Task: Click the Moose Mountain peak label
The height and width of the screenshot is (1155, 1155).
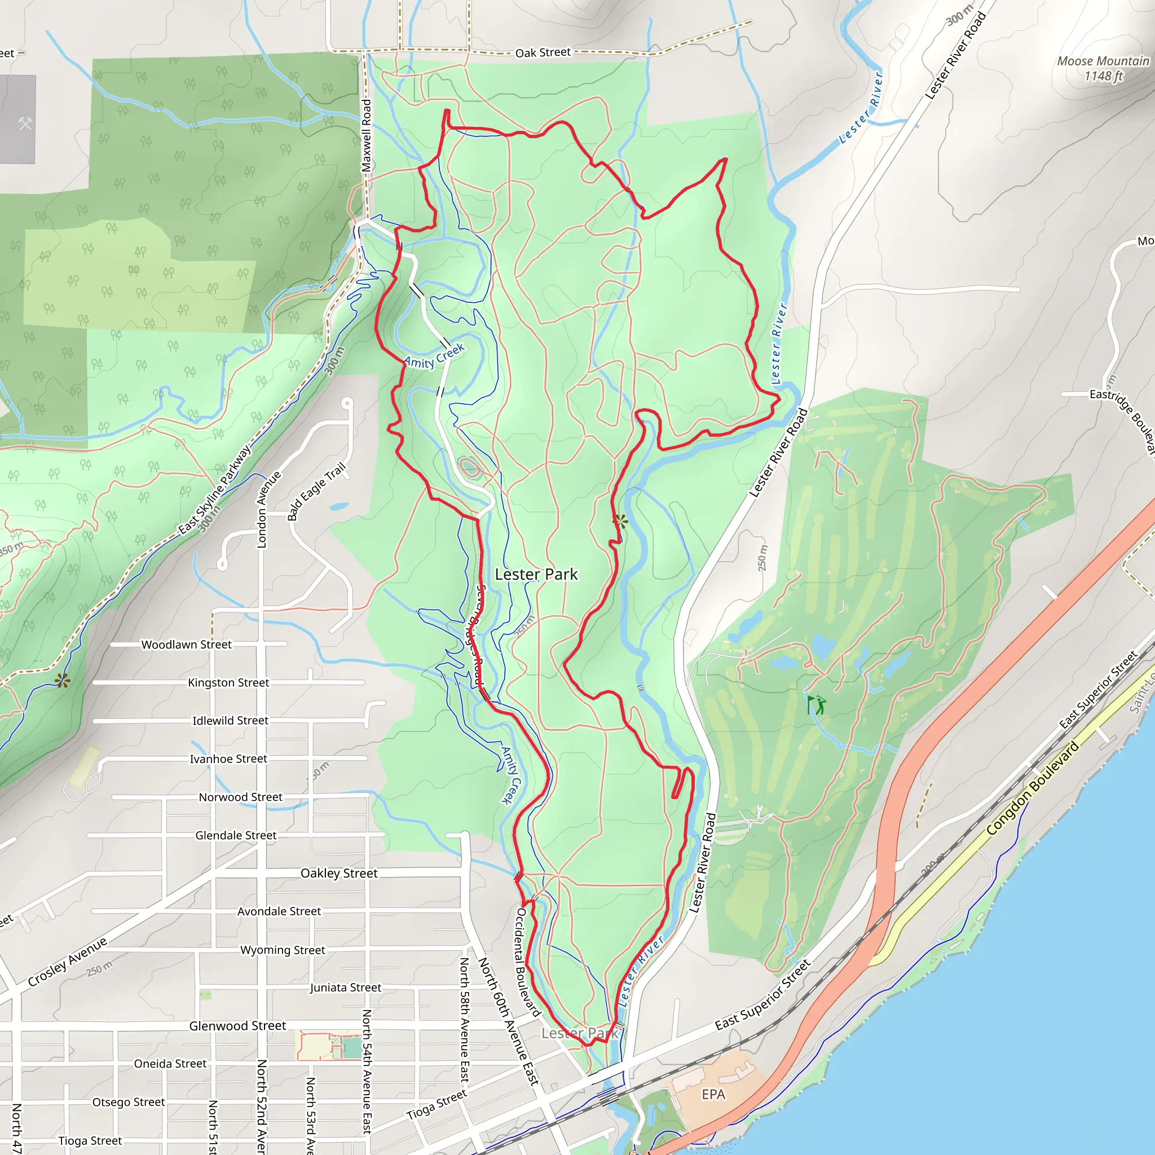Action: [1103, 68]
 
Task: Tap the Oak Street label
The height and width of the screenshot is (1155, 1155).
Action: [543, 52]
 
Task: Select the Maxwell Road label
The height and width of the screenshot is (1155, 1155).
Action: [367, 136]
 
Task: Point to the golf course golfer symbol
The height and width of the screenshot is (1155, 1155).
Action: [816, 706]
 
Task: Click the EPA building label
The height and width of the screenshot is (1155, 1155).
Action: [713, 1094]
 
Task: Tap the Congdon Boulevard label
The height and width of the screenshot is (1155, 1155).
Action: [1033, 788]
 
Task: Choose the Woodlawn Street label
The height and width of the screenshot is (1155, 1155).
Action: [187, 645]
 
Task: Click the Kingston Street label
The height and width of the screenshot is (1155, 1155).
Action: [228, 683]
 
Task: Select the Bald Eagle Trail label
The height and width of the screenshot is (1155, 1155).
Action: [317, 491]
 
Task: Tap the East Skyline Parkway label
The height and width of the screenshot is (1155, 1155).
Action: [215, 489]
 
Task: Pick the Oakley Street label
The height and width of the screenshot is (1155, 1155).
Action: [339, 874]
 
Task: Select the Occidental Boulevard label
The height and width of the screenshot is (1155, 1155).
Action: [527, 962]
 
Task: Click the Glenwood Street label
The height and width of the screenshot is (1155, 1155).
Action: [237, 1026]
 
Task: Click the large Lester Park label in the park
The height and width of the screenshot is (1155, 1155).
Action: [536, 575]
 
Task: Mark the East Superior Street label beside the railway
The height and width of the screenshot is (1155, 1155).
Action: [1097, 690]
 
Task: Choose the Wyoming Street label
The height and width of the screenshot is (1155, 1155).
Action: [283, 950]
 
